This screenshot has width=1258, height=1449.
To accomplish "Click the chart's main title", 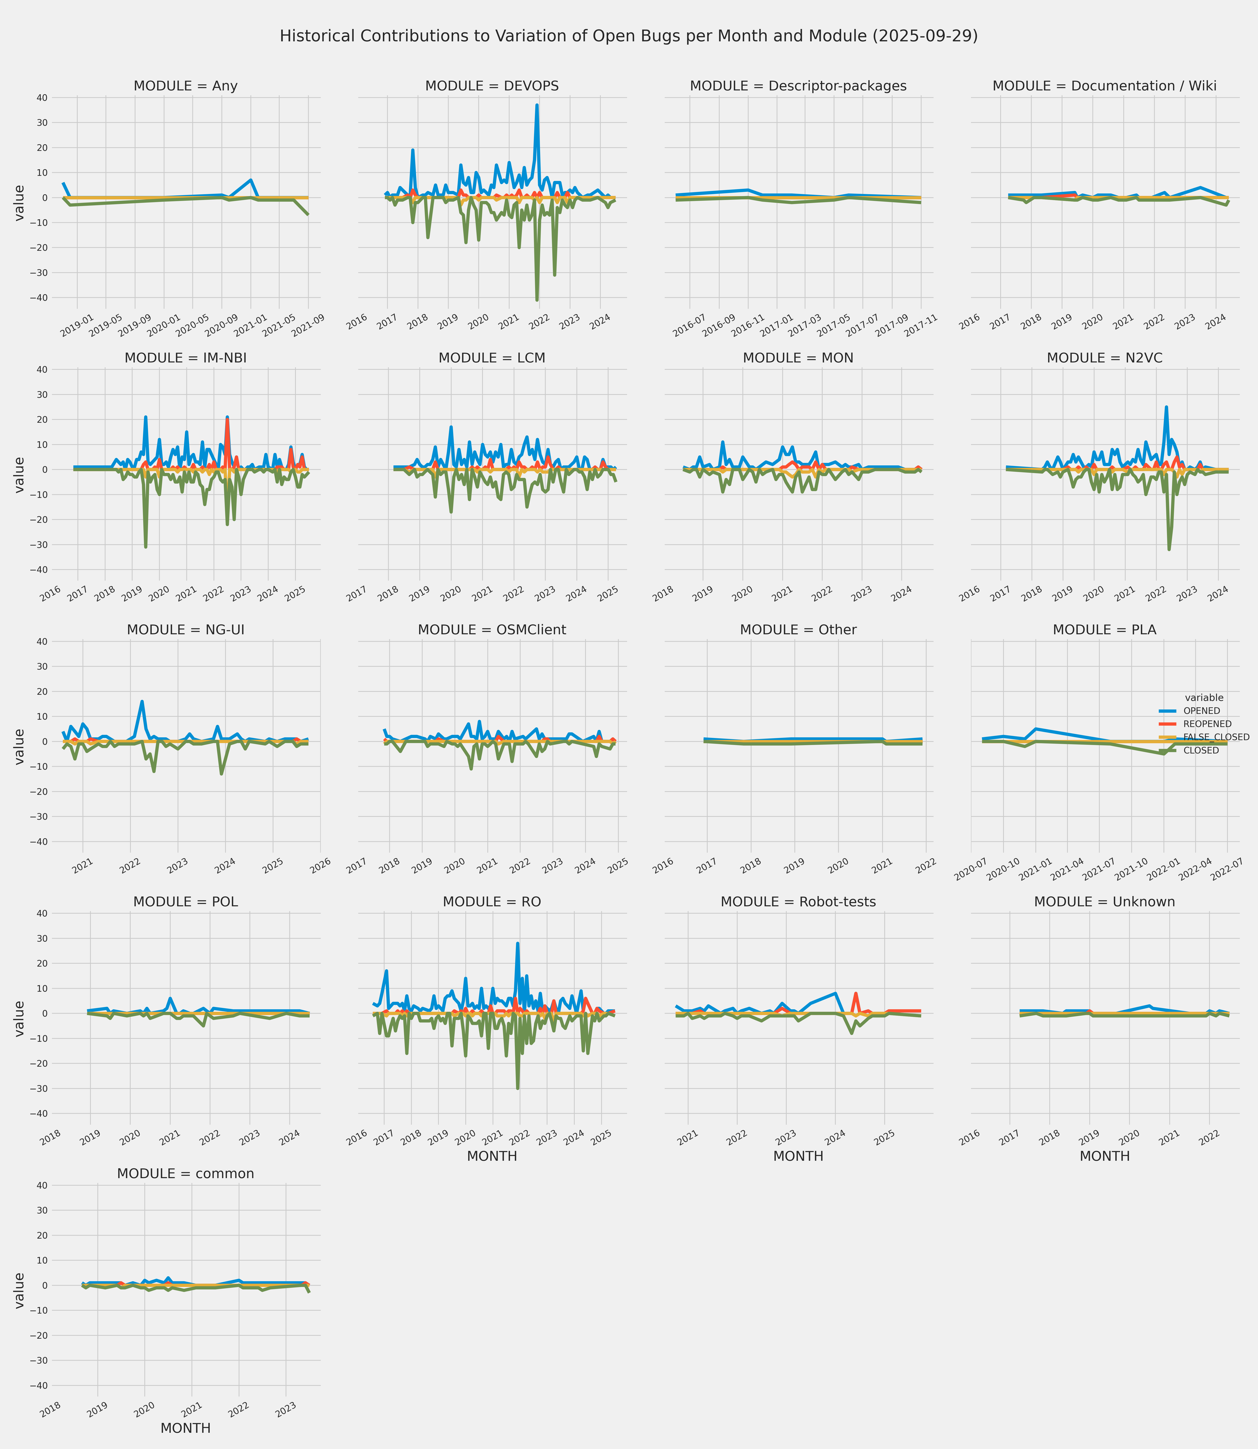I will [x=628, y=36].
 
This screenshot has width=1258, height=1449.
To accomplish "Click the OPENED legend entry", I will [x=1201, y=711].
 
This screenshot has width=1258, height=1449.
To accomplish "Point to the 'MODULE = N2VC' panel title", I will [x=1104, y=358].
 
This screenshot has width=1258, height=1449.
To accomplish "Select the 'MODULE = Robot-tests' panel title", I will [x=798, y=902].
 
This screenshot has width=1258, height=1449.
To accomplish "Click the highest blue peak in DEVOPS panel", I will [x=537, y=105].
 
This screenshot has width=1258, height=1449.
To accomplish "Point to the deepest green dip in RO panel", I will [x=518, y=1088].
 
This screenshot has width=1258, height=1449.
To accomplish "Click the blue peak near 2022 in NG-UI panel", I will [x=142, y=701].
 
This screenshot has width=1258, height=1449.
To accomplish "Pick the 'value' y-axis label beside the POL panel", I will [x=20, y=1018].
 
